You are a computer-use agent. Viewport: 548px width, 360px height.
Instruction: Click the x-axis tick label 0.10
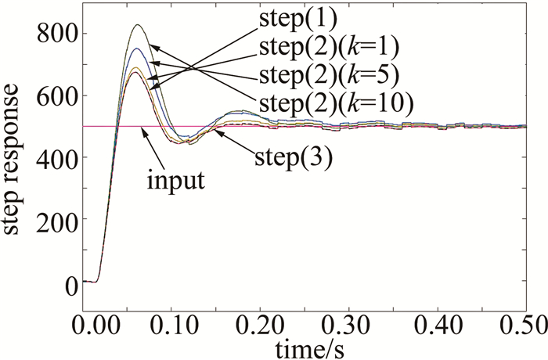pos(185,324)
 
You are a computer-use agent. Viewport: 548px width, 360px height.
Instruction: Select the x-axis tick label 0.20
pos(272,324)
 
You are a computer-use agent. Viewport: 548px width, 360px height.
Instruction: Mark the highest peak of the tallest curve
pos(139,24)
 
